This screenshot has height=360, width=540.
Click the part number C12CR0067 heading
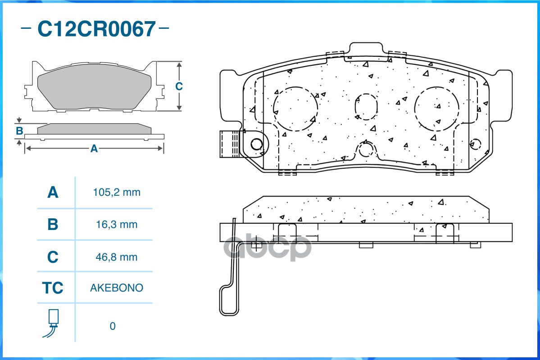(96, 29)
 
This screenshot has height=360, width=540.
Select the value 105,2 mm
(117, 193)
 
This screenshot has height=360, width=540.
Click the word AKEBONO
(117, 288)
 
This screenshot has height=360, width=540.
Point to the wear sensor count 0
(113, 326)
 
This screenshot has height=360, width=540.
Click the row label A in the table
(53, 193)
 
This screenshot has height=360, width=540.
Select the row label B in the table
(53, 225)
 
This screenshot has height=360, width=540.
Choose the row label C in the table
(53, 257)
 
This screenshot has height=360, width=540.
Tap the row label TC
(53, 288)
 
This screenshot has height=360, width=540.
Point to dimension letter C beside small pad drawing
(179, 86)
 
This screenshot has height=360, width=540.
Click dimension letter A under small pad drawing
(94, 148)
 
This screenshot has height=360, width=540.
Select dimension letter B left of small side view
(19, 131)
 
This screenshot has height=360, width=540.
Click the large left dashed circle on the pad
(295, 108)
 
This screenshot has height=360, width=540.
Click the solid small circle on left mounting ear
(257, 144)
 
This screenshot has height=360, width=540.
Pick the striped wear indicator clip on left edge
(230, 144)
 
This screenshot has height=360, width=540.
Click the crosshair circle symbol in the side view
(256, 246)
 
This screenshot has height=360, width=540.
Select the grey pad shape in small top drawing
(94, 90)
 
